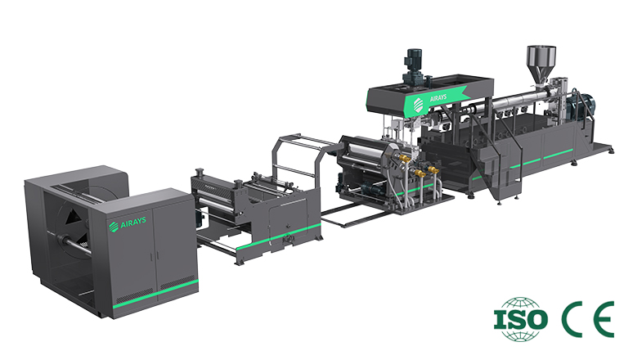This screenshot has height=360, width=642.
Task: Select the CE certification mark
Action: pos(586,318)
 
